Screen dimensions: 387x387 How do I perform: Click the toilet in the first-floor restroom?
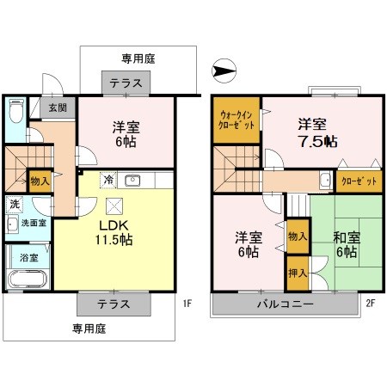[x=16, y=113]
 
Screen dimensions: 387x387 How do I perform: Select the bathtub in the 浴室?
[x=25, y=279]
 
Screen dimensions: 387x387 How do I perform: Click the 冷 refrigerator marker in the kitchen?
[x=107, y=181]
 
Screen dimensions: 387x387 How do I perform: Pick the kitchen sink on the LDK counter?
[x=132, y=181]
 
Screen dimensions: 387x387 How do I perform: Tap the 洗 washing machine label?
[x=15, y=205]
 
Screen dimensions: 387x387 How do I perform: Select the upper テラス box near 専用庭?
[x=126, y=83]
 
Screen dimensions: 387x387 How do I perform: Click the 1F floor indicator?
[x=187, y=303]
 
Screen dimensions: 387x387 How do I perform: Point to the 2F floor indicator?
[x=371, y=303]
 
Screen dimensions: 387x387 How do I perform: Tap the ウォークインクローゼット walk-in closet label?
[x=236, y=120]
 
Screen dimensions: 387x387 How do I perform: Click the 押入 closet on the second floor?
[x=296, y=271]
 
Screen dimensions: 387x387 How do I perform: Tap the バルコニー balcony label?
[x=284, y=304]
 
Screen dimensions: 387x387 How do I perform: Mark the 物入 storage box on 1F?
[x=40, y=181]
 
